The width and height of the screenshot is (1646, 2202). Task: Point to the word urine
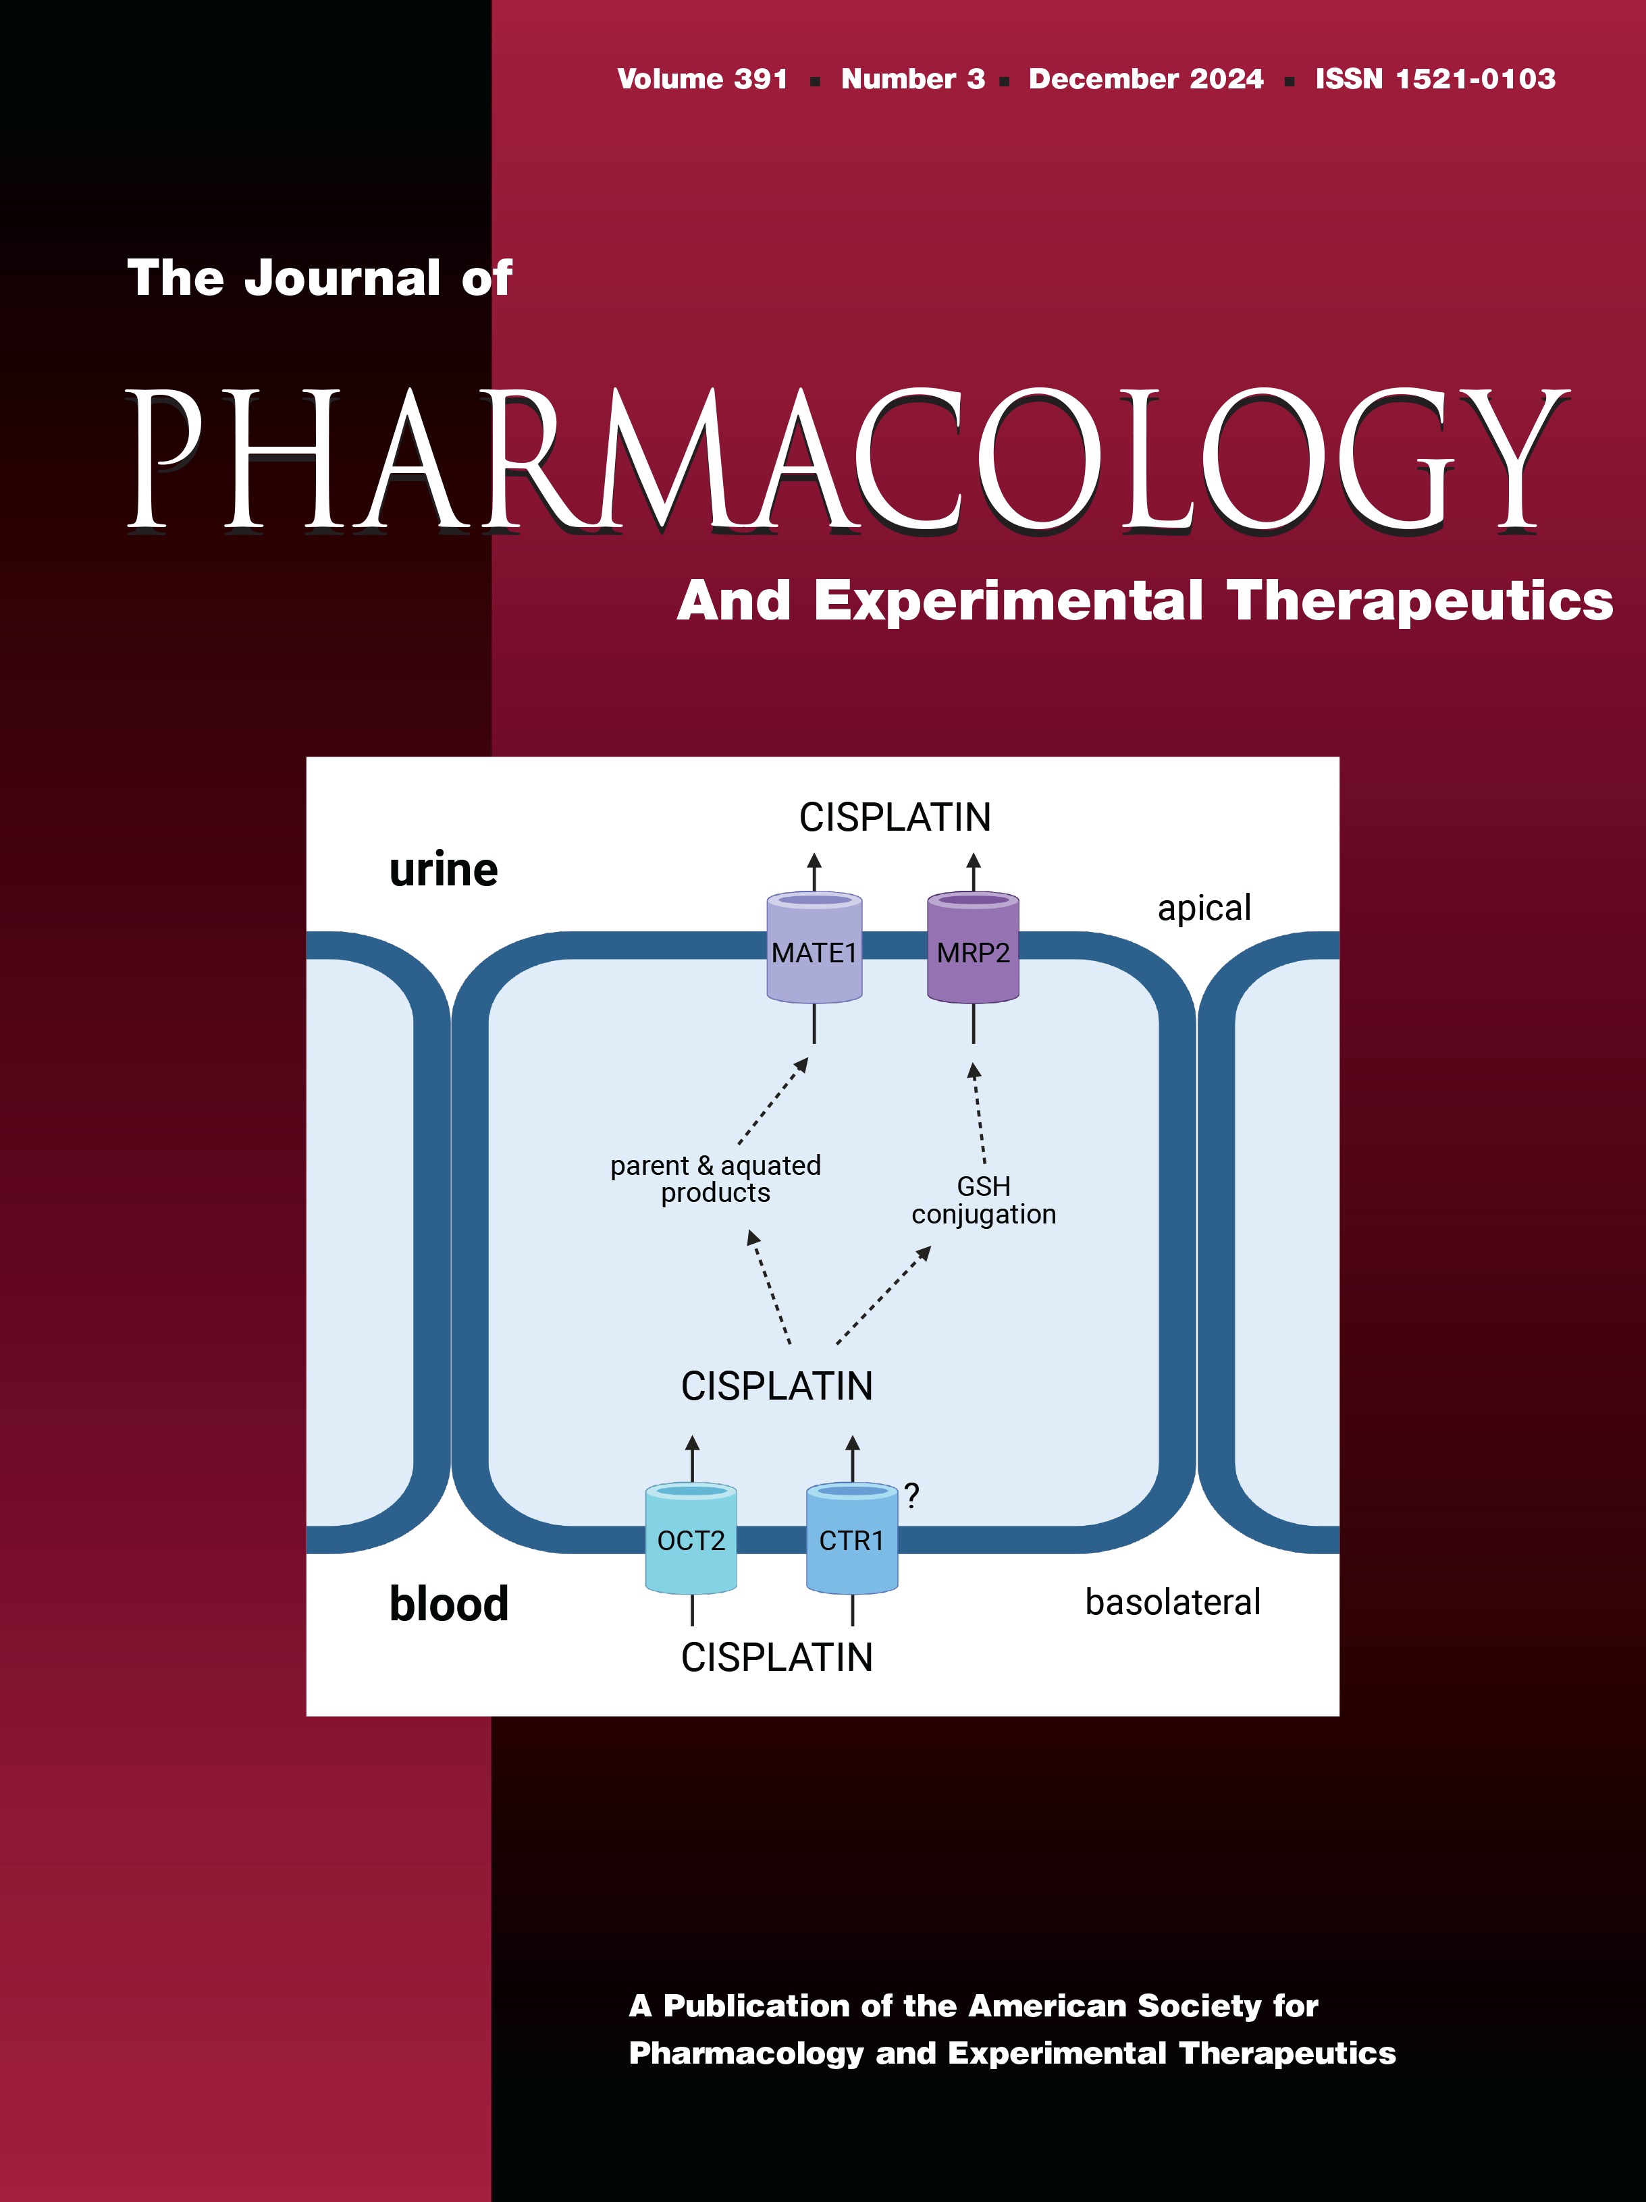click(443, 870)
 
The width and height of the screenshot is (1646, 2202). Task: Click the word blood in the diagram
click(448, 1603)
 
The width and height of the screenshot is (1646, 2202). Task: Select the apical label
click(1204, 908)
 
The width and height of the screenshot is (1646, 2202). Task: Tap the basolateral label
click(1172, 1601)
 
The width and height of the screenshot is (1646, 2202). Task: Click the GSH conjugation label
click(984, 1201)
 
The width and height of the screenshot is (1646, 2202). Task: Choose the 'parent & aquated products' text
click(715, 1179)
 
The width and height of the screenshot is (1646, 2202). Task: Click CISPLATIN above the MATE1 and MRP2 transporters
click(894, 817)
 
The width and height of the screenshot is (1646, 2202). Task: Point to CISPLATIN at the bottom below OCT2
click(776, 1657)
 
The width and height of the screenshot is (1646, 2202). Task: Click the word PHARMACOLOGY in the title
click(847, 460)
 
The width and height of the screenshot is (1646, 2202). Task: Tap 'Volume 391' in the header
click(702, 80)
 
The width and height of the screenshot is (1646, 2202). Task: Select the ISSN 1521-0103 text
click(1435, 80)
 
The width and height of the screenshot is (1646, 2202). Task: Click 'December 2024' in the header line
click(1145, 80)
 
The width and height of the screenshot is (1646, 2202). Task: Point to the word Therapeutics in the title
click(1419, 601)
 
